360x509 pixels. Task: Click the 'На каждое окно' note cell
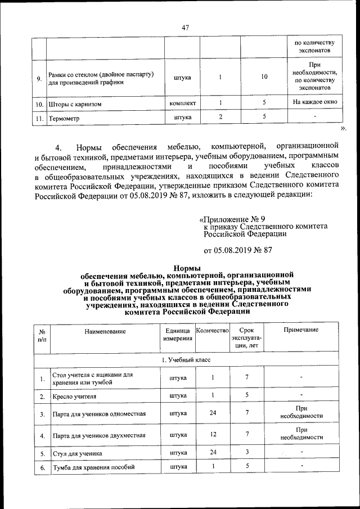click(314, 103)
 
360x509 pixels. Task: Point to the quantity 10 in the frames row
click(264, 77)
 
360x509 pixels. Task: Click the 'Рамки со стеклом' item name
click(101, 74)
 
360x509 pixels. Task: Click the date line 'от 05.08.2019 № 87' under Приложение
click(238, 250)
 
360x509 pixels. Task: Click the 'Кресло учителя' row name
click(74, 397)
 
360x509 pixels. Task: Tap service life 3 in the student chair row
click(246, 451)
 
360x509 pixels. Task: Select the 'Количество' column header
click(212, 331)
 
